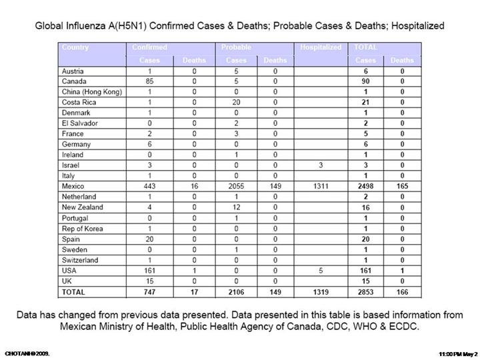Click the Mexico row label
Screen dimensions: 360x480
click(x=73, y=186)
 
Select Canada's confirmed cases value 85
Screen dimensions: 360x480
click(x=150, y=81)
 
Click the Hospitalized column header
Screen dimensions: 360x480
click(x=321, y=47)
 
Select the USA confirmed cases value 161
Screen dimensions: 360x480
click(x=150, y=271)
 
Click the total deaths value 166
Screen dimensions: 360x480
click(x=402, y=293)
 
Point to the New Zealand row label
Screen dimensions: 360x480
click(x=81, y=207)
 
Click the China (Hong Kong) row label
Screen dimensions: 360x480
click(x=91, y=91)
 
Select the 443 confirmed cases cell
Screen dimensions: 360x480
click(x=150, y=186)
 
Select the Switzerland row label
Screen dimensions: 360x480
click(x=79, y=261)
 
